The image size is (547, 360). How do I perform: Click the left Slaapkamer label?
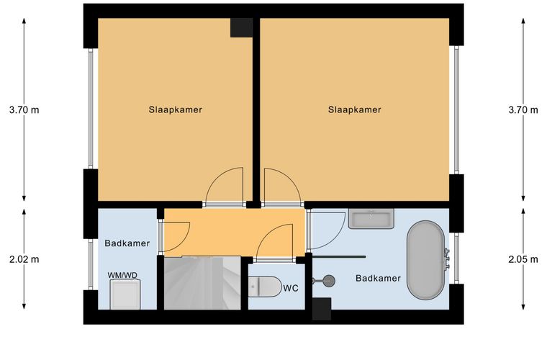coord(176,109)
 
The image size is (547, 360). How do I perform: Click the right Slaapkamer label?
coord(354,109)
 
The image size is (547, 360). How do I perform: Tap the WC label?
coord(291,288)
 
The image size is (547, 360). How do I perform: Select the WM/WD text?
coord(122,275)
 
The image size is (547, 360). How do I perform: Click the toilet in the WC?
coord(265,287)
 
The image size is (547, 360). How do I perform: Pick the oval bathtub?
coord(425,260)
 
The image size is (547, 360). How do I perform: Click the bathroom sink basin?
coord(371,219)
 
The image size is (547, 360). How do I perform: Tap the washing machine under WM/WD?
coord(125,294)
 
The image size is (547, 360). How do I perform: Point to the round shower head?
coord(329,281)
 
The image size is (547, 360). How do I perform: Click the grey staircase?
coord(202,283)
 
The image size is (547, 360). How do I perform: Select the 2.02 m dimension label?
coord(24,259)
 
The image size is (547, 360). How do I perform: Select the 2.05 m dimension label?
coord(523,259)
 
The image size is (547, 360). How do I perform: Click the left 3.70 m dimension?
coord(24,110)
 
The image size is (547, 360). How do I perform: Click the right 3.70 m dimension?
coord(523,110)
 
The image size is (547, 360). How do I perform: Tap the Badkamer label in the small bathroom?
coord(127,243)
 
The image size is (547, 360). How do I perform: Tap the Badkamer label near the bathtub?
coord(378,278)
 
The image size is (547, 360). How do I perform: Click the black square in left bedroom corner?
coord(241,27)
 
